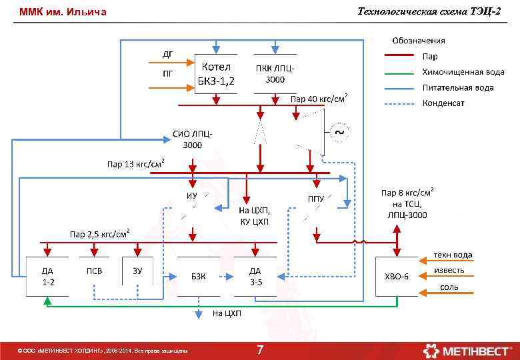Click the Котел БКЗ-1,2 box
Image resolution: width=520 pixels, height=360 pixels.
click(x=215, y=74)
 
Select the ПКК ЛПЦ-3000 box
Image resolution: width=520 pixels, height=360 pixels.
click(x=275, y=73)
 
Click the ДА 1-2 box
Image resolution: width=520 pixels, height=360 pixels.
click(x=47, y=276)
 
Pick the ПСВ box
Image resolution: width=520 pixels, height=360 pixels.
click(x=94, y=271)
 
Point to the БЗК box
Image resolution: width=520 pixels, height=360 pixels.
click(x=198, y=276)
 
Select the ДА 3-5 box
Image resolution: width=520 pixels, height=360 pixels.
click(x=255, y=276)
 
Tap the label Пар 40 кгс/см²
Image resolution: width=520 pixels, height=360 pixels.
click(x=319, y=99)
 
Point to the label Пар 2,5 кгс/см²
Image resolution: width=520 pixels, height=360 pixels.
click(x=100, y=234)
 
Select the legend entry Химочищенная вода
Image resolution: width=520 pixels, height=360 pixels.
click(x=463, y=72)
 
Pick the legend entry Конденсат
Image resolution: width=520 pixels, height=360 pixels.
click(x=443, y=103)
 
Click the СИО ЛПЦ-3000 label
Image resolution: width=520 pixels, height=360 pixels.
click(x=193, y=139)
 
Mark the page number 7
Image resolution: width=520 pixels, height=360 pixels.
click(x=260, y=350)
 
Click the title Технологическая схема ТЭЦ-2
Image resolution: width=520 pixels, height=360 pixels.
click(x=429, y=11)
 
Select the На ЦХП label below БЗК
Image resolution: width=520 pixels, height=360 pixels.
click(x=226, y=313)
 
